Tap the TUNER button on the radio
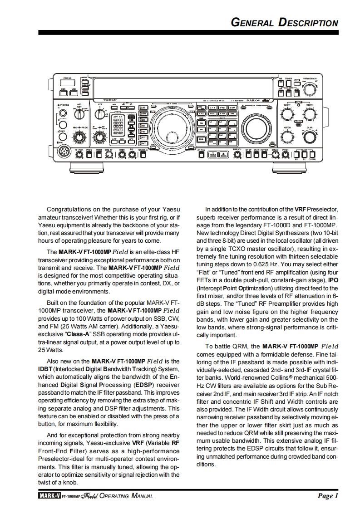289,83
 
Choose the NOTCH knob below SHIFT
287,136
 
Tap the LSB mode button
143,107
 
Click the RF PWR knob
79,154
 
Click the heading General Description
285,23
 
